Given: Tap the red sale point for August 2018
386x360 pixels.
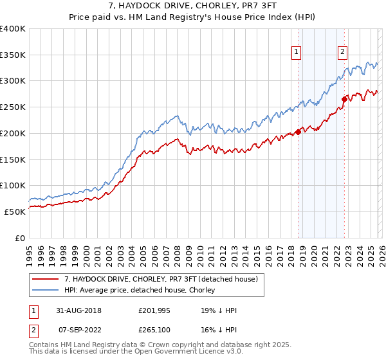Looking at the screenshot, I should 298,133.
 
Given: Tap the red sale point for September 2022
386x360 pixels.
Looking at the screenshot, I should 344,100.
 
